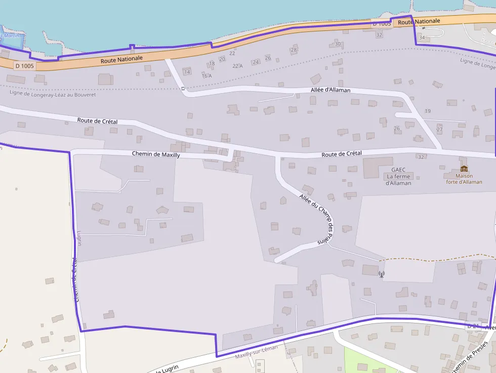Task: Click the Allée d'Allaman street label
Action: point(330,90)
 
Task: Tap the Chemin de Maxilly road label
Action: point(155,154)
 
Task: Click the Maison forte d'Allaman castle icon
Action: point(464,169)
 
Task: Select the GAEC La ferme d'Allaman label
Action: point(398,176)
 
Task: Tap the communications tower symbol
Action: point(381,274)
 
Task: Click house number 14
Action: point(187,72)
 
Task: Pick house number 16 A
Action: point(206,76)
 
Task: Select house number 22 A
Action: point(237,66)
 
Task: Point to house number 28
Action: point(294,50)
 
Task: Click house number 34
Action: point(422,37)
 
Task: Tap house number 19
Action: point(428,111)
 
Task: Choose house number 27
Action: point(439,130)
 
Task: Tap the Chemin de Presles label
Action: point(470,357)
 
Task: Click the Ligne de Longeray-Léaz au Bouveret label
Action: point(53,94)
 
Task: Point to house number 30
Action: point(338,44)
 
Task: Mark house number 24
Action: point(256,62)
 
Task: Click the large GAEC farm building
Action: point(378,167)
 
